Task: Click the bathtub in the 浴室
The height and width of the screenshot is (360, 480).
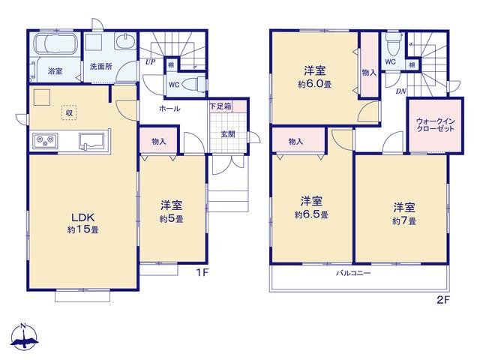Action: (55, 44)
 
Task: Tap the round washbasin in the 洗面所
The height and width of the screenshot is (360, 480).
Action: (125, 42)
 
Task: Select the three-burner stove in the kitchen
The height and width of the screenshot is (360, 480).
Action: (45, 141)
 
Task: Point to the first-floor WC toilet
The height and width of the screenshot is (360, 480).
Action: (193, 84)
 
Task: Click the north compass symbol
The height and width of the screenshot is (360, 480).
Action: (24, 337)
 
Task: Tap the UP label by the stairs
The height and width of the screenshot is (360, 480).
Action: (150, 62)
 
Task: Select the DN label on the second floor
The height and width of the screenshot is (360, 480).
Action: (400, 91)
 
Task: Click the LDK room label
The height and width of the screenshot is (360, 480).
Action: (82, 217)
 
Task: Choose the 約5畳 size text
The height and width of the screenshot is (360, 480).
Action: (172, 219)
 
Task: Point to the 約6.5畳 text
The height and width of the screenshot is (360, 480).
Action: (312, 215)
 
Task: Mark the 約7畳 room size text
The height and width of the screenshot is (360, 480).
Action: (404, 221)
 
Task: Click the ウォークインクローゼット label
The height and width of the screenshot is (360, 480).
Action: (435, 125)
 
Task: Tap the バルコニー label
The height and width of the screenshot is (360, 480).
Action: (353, 273)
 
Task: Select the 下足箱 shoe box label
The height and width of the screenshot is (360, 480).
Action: (220, 106)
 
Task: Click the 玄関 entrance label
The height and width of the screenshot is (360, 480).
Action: (228, 134)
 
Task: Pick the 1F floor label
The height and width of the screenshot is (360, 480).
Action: (202, 272)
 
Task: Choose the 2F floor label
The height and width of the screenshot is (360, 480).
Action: (443, 300)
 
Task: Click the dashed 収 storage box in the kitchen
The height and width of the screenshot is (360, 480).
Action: (69, 112)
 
